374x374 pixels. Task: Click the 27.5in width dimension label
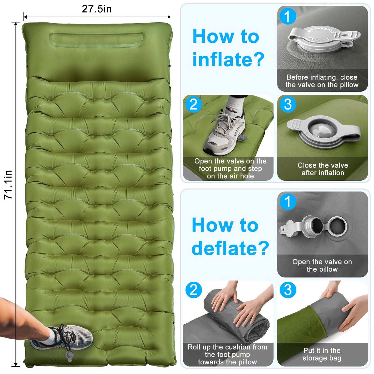(97, 9)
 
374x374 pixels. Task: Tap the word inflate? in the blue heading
(228, 59)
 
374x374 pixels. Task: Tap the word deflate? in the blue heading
(230, 248)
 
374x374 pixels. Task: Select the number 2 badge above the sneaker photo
(193, 104)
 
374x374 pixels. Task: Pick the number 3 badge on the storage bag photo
(288, 290)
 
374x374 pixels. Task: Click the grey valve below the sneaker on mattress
(69, 355)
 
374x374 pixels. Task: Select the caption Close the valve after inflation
(322, 169)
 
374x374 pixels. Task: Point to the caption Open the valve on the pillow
(322, 265)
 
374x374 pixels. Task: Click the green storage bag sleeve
(300, 326)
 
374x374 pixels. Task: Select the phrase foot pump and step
(230, 168)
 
